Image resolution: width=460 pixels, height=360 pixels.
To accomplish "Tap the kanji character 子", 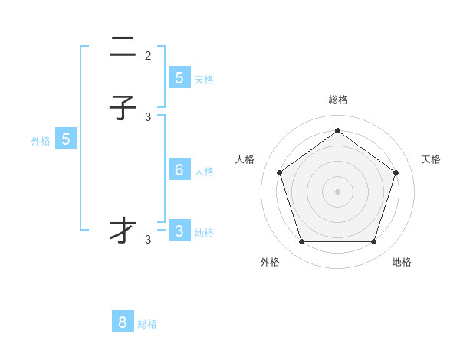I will (123, 108).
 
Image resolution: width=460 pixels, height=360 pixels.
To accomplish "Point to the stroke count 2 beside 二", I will (148, 56).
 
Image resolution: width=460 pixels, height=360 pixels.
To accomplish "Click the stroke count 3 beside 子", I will (148, 116).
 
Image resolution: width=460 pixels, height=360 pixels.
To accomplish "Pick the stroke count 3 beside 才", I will (148, 240).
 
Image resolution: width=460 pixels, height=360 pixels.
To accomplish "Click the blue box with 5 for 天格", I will (179, 78).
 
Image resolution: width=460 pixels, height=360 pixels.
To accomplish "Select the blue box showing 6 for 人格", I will (179, 170).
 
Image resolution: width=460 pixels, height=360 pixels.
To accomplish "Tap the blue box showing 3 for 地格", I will (179, 231).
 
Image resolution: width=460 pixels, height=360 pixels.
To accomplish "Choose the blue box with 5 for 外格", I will (66, 139).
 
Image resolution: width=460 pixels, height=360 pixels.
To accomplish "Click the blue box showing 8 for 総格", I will (123, 322).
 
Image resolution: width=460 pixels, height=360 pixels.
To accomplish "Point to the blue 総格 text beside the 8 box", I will (147, 324).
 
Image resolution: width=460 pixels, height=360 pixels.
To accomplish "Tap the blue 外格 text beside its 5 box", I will (41, 141).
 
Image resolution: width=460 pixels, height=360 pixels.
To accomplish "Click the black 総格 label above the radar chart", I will (338, 100).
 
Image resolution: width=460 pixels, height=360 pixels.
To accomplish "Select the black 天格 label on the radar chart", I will (432, 159).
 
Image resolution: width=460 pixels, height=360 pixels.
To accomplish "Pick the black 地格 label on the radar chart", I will (402, 262).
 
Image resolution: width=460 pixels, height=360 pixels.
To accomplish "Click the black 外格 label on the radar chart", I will (270, 262).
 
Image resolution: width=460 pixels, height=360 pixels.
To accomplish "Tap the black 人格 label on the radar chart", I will (245, 159).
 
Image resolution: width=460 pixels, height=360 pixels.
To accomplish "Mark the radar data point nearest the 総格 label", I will (337, 131).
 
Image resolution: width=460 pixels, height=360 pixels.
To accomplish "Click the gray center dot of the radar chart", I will (337, 191).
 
